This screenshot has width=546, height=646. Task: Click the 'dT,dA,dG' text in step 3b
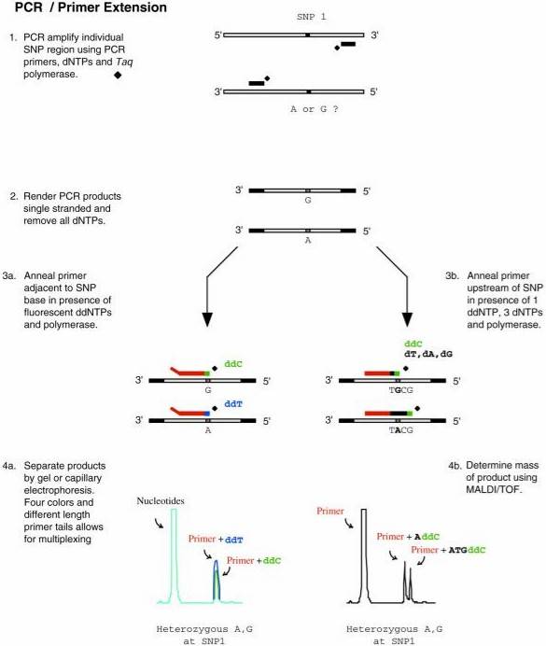coord(427,358)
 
